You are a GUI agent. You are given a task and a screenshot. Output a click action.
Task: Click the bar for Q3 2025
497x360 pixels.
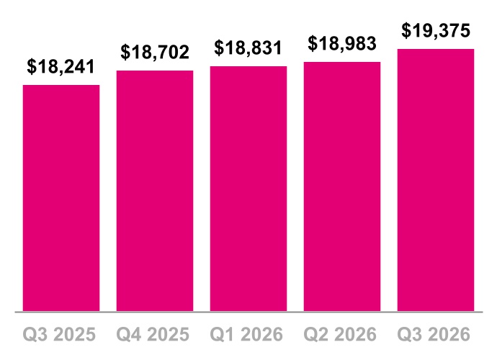click(x=61, y=198)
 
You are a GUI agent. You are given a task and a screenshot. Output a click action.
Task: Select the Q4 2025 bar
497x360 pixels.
click(x=155, y=191)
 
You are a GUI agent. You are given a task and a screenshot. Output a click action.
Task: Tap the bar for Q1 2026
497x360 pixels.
click(x=248, y=189)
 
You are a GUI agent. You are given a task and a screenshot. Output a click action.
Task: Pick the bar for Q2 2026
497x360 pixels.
click(x=342, y=186)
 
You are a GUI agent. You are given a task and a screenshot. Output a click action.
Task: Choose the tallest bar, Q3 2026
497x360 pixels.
click(x=436, y=180)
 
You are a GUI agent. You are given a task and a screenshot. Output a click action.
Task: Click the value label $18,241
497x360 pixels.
click(x=61, y=66)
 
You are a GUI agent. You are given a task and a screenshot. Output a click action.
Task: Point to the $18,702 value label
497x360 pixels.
click(x=155, y=52)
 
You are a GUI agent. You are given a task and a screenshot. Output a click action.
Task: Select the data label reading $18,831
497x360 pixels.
click(x=248, y=48)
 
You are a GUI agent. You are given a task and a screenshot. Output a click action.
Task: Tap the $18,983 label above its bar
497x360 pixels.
click(x=342, y=43)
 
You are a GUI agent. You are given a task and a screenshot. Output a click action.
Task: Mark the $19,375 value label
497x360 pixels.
click(x=436, y=30)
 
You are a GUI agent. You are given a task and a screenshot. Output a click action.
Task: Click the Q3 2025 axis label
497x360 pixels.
click(x=59, y=334)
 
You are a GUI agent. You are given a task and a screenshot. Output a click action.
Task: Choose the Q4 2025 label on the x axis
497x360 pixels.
click(x=153, y=334)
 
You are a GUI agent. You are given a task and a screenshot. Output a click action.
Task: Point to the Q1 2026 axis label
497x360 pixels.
click(x=246, y=334)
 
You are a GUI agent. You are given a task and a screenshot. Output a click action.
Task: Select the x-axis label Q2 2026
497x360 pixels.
click(x=340, y=334)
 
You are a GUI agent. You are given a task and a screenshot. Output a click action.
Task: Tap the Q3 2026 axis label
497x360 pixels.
click(x=434, y=334)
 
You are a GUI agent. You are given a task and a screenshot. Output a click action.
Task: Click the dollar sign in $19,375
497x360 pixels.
click(x=406, y=30)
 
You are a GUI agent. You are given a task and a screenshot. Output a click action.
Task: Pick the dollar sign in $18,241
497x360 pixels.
click(x=32, y=66)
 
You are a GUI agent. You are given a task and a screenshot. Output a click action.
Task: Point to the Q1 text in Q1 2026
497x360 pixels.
click(x=220, y=335)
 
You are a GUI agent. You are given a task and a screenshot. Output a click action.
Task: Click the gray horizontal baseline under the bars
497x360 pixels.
click(x=248, y=312)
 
